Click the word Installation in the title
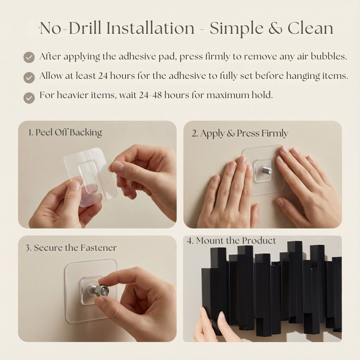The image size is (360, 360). tap(150, 28)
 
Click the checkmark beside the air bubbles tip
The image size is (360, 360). tap(29, 57)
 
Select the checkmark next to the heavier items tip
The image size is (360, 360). tap(29, 98)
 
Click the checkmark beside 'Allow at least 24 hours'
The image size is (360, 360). tap(29, 77)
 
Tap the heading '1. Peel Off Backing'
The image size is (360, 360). tap(65, 133)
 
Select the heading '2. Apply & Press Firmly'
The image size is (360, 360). tap(240, 133)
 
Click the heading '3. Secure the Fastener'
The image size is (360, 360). tap(71, 247)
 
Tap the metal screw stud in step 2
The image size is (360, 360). tap(266, 171)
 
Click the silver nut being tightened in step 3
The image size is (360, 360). tap(97, 290)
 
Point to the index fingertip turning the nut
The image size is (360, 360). tap(102, 280)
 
